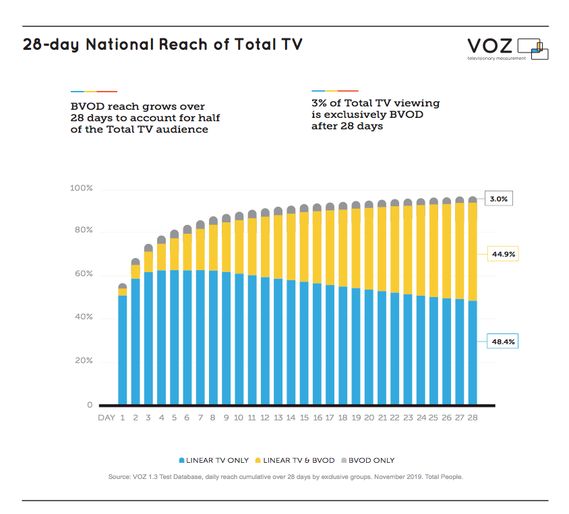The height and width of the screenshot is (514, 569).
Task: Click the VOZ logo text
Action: (491, 46)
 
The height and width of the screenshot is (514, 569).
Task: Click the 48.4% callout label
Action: (502, 342)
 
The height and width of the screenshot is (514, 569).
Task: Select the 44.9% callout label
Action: (502, 255)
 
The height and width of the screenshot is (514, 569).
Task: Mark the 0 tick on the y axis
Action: (90, 405)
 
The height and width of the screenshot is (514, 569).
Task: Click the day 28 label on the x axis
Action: (473, 418)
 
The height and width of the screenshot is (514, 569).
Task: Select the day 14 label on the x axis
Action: (291, 418)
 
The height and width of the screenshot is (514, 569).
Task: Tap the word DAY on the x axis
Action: (107, 418)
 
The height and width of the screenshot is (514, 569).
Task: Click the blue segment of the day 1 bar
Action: (122, 350)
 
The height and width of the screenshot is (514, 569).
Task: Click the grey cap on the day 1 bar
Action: (122, 286)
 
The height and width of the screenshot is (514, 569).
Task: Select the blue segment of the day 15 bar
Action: (304, 344)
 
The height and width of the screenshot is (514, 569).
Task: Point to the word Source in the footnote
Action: (121, 477)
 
